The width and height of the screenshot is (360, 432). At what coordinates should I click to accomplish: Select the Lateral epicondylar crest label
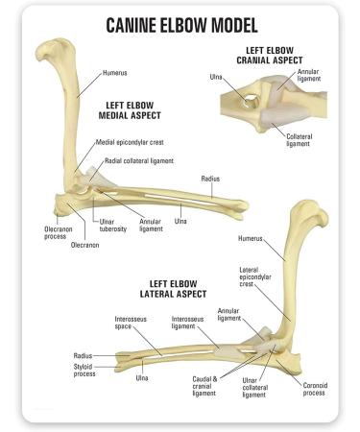tap(252, 277)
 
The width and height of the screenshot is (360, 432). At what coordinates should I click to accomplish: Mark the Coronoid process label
tap(310, 388)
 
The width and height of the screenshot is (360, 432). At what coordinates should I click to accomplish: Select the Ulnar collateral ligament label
tap(256, 388)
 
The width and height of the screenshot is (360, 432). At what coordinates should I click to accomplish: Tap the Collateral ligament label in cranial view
tap(300, 140)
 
